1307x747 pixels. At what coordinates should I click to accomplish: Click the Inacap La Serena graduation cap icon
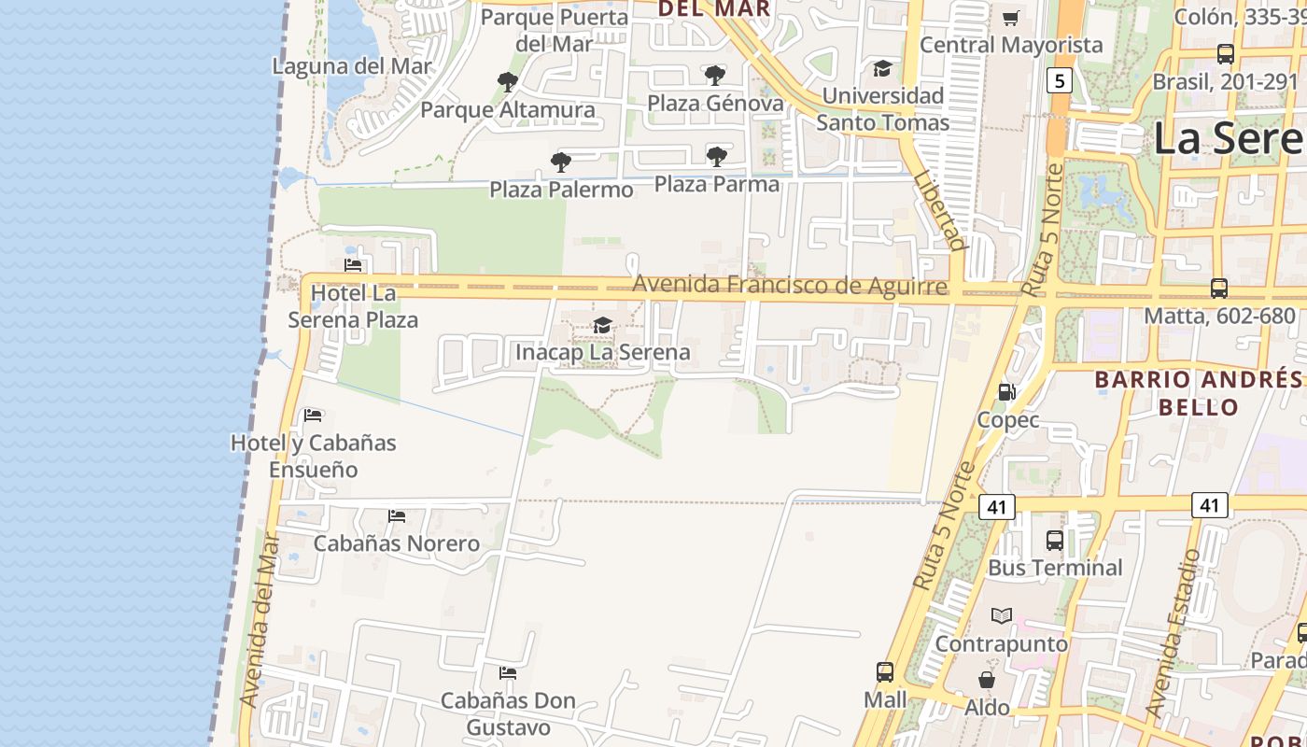click(x=603, y=325)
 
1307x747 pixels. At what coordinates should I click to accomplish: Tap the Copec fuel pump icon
click(x=1007, y=392)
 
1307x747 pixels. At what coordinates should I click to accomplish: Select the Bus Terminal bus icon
click(x=1055, y=540)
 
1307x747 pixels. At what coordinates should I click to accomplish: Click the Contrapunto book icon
click(x=1002, y=616)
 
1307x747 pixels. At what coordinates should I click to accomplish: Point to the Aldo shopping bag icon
click(x=987, y=680)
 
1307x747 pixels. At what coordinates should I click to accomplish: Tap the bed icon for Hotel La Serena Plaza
click(x=353, y=265)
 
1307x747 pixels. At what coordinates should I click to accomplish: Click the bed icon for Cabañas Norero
click(x=397, y=515)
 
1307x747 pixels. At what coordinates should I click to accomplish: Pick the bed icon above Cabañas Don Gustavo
click(x=508, y=672)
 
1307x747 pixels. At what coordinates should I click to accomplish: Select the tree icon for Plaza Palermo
click(x=561, y=162)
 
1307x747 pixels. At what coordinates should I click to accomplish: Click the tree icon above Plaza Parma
click(x=717, y=157)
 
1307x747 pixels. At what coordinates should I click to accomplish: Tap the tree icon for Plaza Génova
click(x=715, y=76)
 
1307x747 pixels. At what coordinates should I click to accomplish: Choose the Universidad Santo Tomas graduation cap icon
click(x=882, y=68)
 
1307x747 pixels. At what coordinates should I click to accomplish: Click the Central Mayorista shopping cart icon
click(x=1011, y=18)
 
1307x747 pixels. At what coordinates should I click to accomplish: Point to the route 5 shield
click(x=1058, y=80)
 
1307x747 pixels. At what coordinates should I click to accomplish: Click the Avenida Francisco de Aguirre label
click(x=790, y=285)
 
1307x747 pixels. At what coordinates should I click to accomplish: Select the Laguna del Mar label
click(x=353, y=66)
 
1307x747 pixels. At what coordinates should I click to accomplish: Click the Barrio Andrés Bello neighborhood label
click(x=1198, y=393)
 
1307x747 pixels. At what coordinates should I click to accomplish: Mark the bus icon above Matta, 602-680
click(x=1219, y=289)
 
